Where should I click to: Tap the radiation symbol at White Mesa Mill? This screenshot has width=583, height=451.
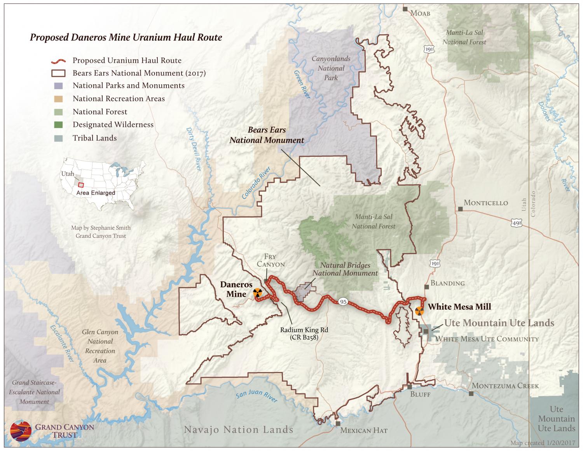tap(419, 311)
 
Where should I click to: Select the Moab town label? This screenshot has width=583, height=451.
tap(421, 13)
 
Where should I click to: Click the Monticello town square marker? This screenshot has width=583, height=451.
tap(460, 209)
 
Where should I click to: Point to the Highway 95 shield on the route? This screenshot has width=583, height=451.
tap(342, 302)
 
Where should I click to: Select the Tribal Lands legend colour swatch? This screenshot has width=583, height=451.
tap(58, 138)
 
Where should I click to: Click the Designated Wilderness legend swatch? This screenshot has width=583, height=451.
tap(58, 125)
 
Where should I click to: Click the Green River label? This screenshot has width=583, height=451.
tap(302, 84)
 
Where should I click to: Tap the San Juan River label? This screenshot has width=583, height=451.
tap(257, 397)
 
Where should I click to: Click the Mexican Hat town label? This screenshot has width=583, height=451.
tap(364, 430)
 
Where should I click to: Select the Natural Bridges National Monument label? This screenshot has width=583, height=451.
tap(345, 269)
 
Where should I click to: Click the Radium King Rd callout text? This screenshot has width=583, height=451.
tap(304, 334)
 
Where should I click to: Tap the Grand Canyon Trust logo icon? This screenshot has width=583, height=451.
tap(21, 430)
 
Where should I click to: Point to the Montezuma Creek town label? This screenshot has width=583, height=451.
tap(505, 386)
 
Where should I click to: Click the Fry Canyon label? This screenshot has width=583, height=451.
tap(274, 260)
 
